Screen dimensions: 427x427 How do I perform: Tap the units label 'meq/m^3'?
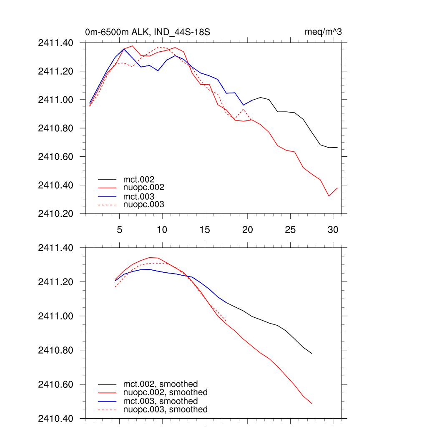[323, 32]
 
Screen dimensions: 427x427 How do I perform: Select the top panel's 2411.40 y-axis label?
[55, 43]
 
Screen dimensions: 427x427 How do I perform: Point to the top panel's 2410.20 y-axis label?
[55, 213]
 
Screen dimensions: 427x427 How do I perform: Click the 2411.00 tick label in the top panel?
[55, 100]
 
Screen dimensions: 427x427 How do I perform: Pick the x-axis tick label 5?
[120, 230]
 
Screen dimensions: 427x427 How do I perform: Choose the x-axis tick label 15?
[205, 230]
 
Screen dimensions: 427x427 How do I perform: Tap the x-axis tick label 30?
[333, 230]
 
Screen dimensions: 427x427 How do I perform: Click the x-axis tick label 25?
[290, 230]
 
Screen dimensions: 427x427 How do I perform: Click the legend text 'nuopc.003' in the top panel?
[144, 205]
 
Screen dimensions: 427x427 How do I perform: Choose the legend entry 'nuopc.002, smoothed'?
[166, 392]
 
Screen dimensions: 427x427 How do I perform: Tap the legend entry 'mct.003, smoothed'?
[161, 401]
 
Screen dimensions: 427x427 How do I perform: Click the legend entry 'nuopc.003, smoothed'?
[166, 409]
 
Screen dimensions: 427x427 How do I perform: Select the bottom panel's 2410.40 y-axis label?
[55, 418]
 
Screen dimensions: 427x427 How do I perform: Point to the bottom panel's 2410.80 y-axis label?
[55, 350]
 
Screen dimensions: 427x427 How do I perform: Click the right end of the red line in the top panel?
[337, 188]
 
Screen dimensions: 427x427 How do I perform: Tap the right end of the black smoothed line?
[312, 354]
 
